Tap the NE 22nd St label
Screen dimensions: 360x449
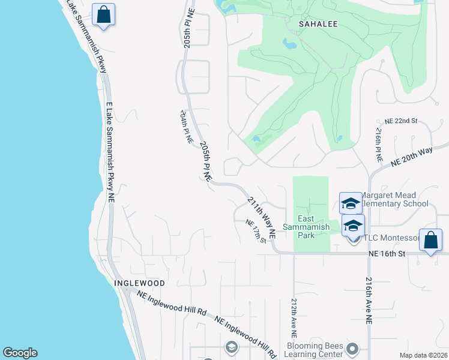coord(401,121)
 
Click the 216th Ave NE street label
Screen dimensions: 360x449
coord(369,302)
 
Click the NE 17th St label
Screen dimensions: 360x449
coord(256,230)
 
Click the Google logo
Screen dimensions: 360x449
coord(20,353)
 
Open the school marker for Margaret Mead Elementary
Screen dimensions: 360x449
coord(351,204)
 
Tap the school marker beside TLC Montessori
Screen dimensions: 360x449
coord(354,226)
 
